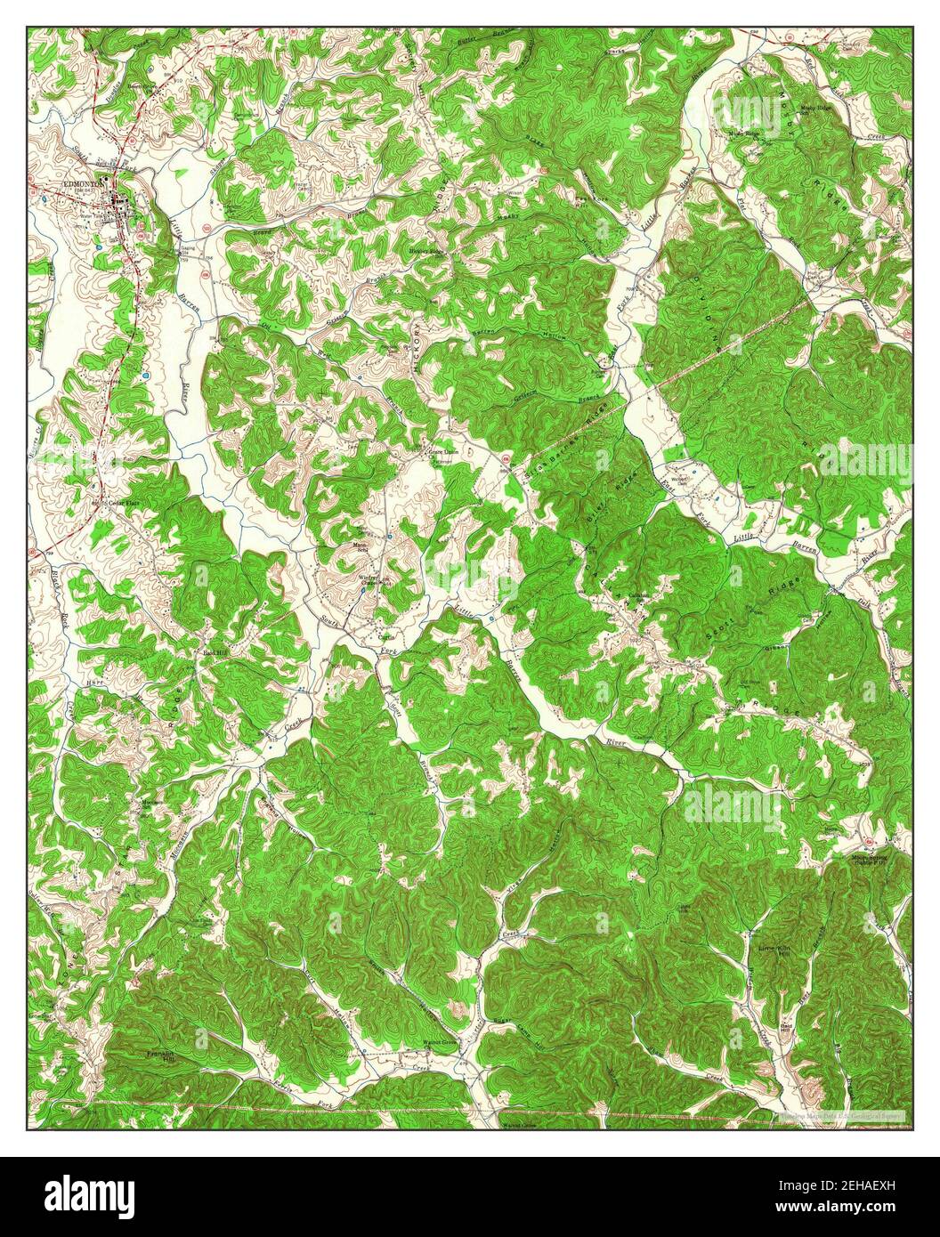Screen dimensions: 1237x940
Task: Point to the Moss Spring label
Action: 870,858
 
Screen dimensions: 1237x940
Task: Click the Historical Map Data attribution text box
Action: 841,1114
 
